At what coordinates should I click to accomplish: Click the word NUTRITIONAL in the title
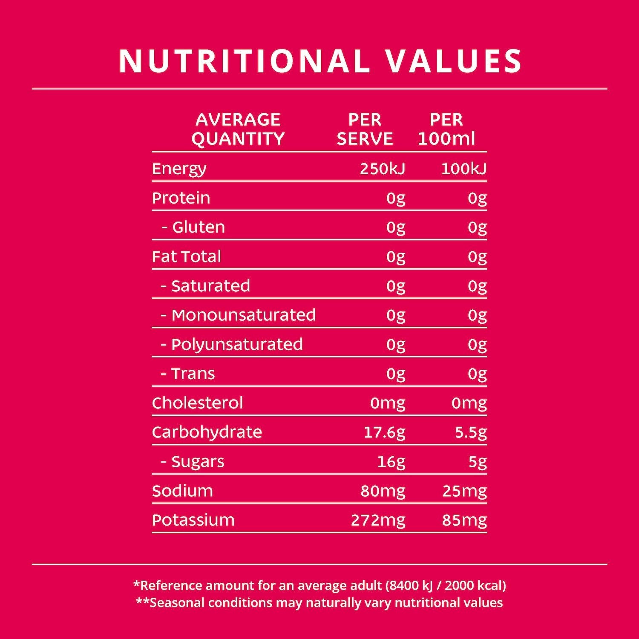coord(245,61)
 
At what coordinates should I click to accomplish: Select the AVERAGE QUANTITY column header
coord(238,129)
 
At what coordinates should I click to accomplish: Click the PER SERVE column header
coord(365,129)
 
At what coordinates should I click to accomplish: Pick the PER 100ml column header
coord(446,129)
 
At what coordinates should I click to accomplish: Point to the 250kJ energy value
coord(382,169)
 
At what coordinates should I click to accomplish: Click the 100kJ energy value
coord(464,169)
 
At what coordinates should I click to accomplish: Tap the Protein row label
coord(181,198)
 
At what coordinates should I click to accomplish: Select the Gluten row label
coord(199,227)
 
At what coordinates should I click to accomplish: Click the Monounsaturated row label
coord(243,315)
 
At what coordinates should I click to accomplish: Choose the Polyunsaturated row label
coord(237,345)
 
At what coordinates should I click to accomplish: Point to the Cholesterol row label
coord(197,403)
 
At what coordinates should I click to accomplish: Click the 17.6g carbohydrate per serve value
coord(384,433)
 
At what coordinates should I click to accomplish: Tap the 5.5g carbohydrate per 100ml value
coord(471,433)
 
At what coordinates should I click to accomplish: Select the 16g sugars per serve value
coord(391,462)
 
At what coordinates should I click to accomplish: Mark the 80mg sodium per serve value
coord(383,491)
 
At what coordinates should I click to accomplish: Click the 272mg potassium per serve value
coord(378,521)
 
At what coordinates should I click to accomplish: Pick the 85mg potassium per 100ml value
coord(464,521)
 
